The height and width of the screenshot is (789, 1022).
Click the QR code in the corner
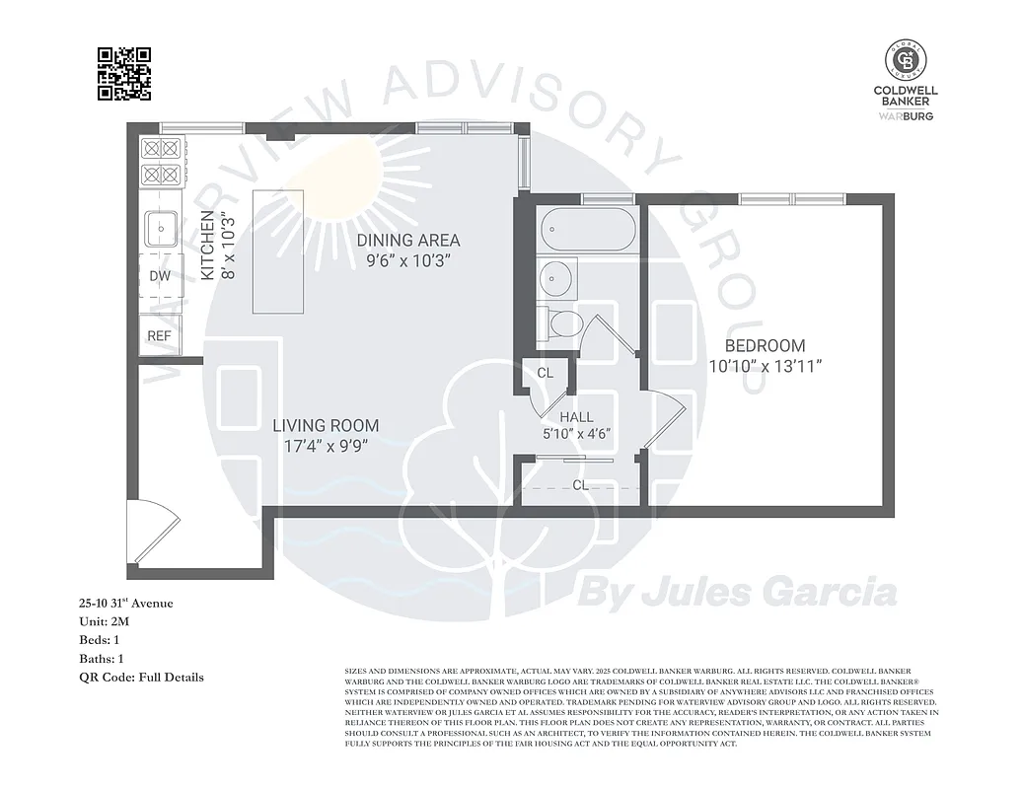(x=124, y=74)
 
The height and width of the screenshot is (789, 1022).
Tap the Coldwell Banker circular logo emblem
(x=905, y=61)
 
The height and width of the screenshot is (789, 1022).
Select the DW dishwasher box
(x=160, y=276)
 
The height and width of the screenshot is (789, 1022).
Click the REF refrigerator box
(x=160, y=336)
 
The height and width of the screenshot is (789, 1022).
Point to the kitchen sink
(x=160, y=230)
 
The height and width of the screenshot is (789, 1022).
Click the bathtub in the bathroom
(x=589, y=230)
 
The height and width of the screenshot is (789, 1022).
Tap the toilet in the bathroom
(x=563, y=323)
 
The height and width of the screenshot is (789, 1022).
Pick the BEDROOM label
(x=765, y=346)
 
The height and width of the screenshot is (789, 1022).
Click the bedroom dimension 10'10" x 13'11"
(x=765, y=366)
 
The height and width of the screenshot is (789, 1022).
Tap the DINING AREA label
(x=408, y=241)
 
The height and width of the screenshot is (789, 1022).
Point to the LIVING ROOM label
(x=326, y=426)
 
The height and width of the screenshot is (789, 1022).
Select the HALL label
(x=577, y=417)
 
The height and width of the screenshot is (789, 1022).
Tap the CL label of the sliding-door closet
(x=580, y=485)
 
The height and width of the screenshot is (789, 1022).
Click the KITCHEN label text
(x=208, y=247)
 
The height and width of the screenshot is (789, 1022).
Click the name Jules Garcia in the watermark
(x=769, y=594)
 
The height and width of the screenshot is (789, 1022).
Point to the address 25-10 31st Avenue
(x=126, y=603)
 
